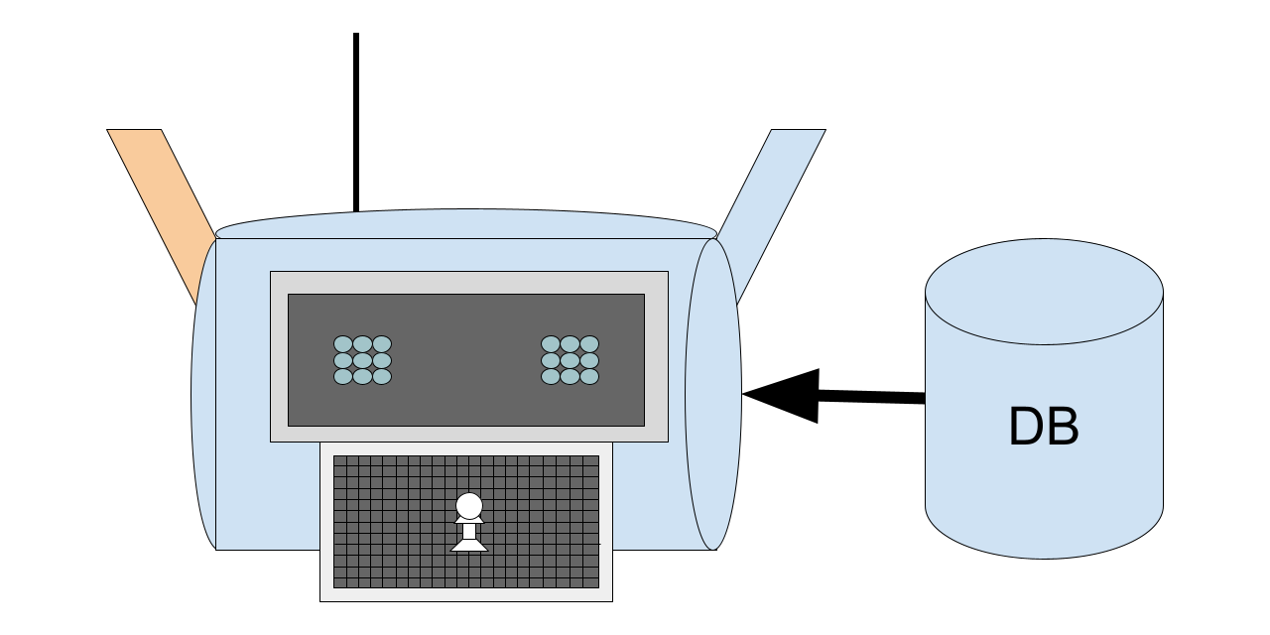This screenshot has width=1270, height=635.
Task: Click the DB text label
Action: (1044, 427)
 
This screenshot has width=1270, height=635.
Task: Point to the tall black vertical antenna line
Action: (356, 122)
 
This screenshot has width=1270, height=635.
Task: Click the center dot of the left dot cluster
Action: (362, 360)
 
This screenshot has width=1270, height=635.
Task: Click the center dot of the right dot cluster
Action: (570, 360)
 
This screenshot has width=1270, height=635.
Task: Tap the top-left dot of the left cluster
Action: (343, 344)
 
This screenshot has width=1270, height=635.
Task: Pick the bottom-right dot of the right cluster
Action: (589, 376)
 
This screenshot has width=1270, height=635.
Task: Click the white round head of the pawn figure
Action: (469, 506)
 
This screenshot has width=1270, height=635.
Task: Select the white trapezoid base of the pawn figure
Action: (469, 545)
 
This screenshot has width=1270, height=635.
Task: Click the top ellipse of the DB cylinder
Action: (1045, 292)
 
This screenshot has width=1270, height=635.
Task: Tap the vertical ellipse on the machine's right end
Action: (713, 394)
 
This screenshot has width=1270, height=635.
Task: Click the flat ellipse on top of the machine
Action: (466, 224)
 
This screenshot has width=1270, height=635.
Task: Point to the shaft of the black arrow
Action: (871, 397)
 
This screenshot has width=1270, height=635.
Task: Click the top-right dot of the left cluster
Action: (382, 344)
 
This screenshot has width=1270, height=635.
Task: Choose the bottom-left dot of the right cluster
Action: (551, 376)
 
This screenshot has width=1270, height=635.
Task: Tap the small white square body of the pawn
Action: (469, 531)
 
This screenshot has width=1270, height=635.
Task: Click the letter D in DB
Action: (1026, 427)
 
